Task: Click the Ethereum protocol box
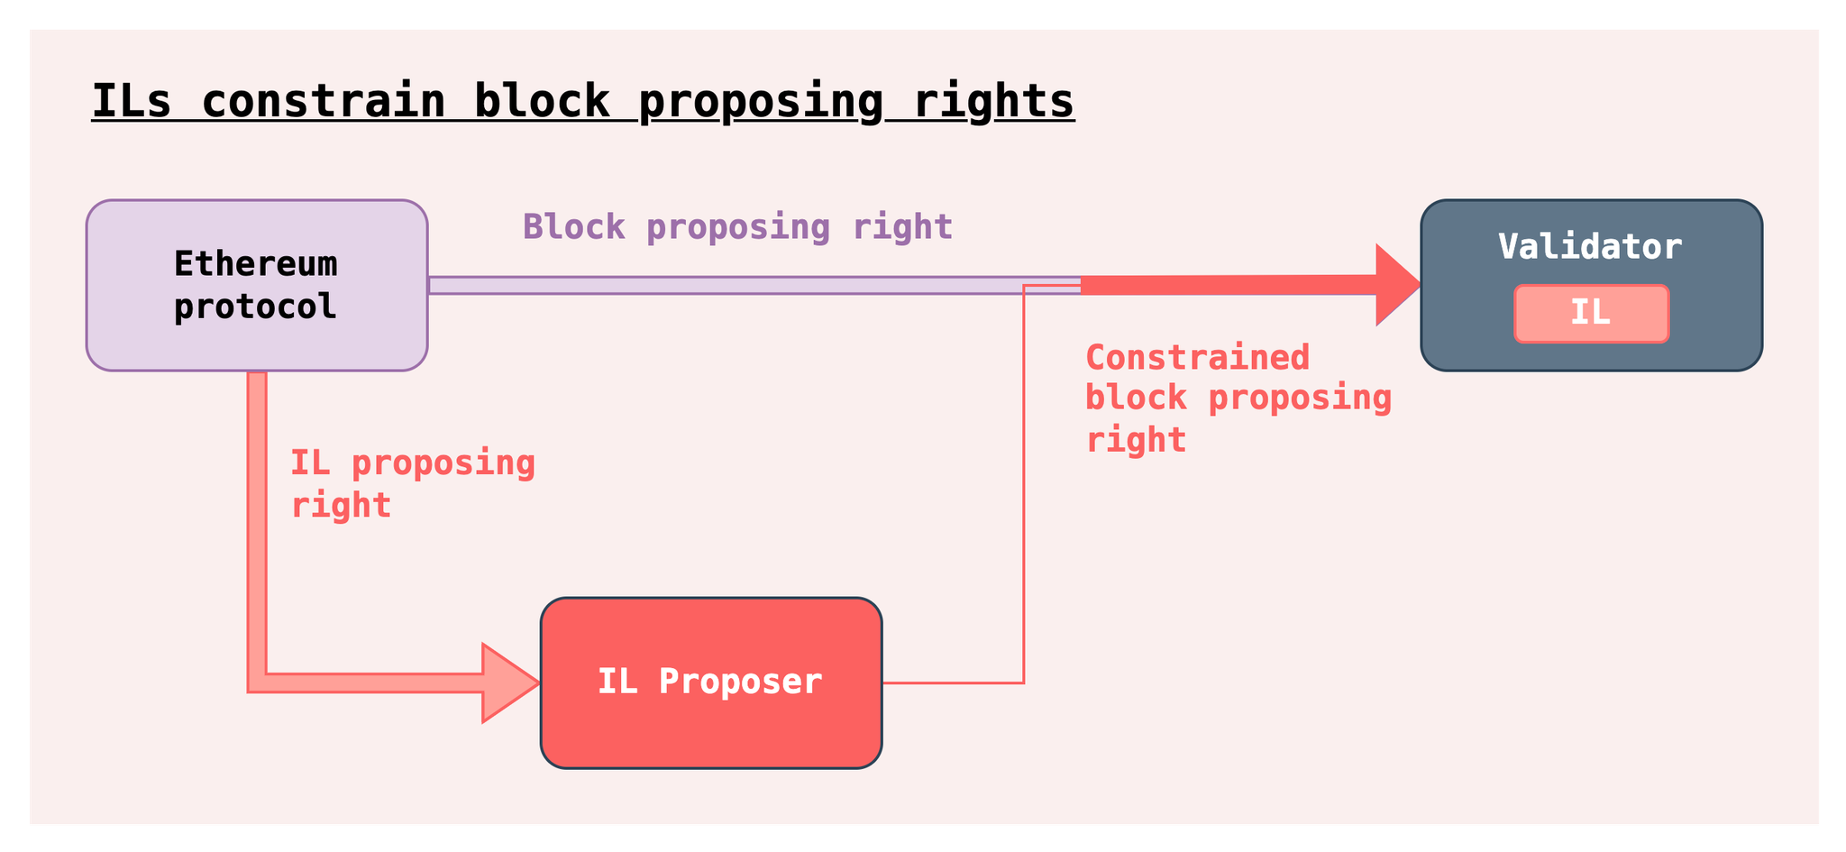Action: pos(257,285)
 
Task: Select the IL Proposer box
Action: pos(711,683)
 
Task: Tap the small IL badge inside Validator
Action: pos(1591,314)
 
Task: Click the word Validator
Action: pos(1590,247)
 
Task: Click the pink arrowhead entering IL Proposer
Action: pos(511,683)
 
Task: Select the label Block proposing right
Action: pos(737,226)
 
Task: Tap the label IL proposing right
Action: pos(412,483)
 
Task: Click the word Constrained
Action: pos(1197,358)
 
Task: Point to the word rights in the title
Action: pos(993,102)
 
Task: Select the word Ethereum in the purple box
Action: pos(256,264)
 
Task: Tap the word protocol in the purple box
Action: pos(256,307)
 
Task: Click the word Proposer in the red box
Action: pos(741,682)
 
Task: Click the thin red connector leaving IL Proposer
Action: pos(1024,484)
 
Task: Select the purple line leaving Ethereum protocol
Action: pos(754,285)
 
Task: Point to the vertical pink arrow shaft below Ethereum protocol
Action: pos(257,523)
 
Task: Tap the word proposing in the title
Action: pos(761,102)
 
